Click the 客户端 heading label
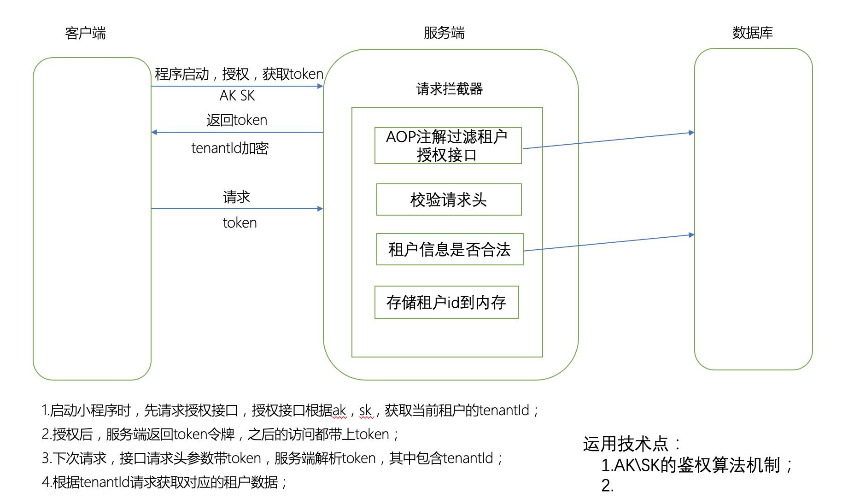[x=86, y=33]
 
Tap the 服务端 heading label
[x=444, y=33]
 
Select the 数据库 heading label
[x=752, y=33]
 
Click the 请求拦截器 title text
[x=449, y=89]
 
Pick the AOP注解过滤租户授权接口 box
[x=448, y=146]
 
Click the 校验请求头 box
[x=449, y=199]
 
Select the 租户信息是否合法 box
[x=450, y=249]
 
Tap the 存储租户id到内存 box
[x=446, y=302]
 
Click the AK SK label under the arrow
[x=237, y=95]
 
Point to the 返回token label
[x=237, y=120]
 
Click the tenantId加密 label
[x=230, y=148]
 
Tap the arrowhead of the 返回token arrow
[x=154, y=132]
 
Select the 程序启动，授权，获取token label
[x=239, y=74]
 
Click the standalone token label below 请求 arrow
[x=240, y=223]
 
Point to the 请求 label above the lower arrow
[x=236, y=197]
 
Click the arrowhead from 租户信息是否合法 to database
[x=691, y=235]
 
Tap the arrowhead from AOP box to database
[x=691, y=133]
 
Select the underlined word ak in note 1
[x=339, y=410]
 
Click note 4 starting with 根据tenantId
[x=164, y=482]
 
